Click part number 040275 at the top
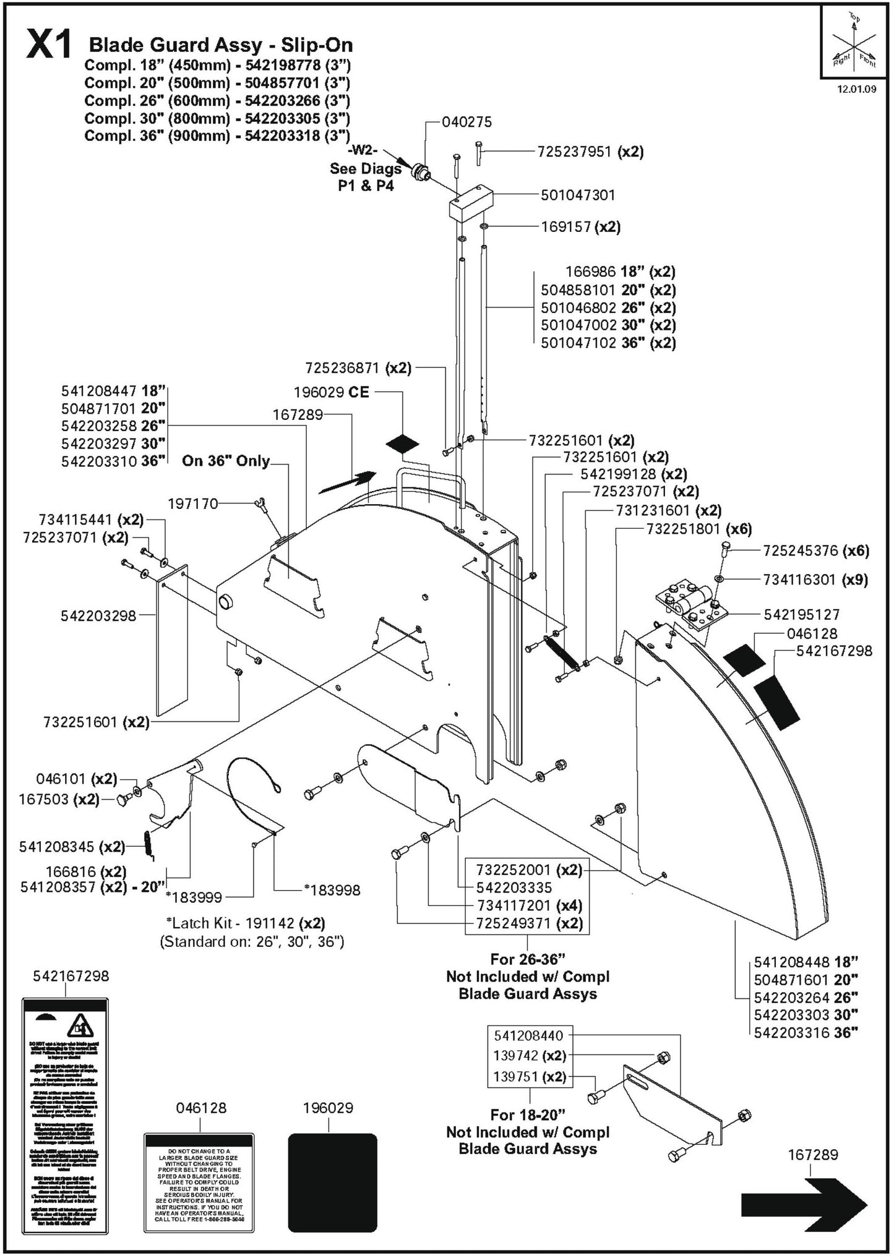(466, 122)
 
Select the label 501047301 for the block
(577, 195)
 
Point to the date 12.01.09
(856, 89)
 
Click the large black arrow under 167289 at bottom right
(804, 1204)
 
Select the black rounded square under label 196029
(332, 1182)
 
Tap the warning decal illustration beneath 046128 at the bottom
(199, 1182)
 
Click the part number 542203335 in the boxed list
(514, 888)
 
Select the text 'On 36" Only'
(225, 461)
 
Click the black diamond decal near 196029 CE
(402, 443)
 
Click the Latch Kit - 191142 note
(245, 923)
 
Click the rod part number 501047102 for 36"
(578, 343)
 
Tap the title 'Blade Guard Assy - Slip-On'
(221, 45)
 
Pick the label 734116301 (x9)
(814, 580)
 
